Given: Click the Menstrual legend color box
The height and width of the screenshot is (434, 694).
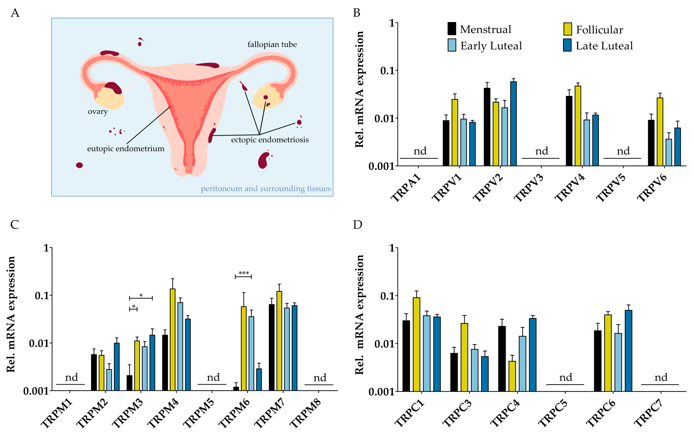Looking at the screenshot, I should (x=452, y=29).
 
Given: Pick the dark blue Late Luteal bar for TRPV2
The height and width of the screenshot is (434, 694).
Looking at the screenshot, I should (x=513, y=123).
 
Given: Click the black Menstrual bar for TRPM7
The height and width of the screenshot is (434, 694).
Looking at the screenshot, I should (x=271, y=347).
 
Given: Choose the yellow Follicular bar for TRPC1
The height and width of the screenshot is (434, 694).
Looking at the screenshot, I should (x=416, y=344).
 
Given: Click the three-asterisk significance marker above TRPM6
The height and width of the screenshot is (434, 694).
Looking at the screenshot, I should (x=243, y=273).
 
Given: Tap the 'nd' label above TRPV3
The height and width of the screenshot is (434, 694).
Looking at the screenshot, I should (x=541, y=151).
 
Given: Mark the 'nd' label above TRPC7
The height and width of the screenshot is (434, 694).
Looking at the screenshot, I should (x=661, y=377).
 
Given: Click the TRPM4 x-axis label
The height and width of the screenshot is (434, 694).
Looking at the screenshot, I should (x=163, y=413).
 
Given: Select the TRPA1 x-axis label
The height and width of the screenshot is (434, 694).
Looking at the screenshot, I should (x=406, y=188).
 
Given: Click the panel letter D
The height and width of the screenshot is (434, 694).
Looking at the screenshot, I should (x=357, y=224).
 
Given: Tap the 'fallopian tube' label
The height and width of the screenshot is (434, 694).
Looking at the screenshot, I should (x=272, y=44).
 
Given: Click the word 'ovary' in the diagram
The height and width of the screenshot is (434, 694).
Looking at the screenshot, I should (x=98, y=111).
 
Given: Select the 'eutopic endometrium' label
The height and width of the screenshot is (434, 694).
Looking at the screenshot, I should (x=126, y=149).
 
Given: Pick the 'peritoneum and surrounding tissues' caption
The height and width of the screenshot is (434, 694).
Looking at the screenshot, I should (x=265, y=189).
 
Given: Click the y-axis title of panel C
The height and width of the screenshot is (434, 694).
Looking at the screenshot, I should (x=11, y=314).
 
